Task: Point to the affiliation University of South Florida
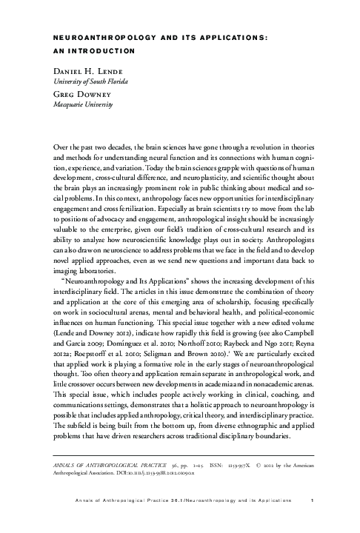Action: [89, 81]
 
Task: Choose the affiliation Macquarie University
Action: [79, 105]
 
